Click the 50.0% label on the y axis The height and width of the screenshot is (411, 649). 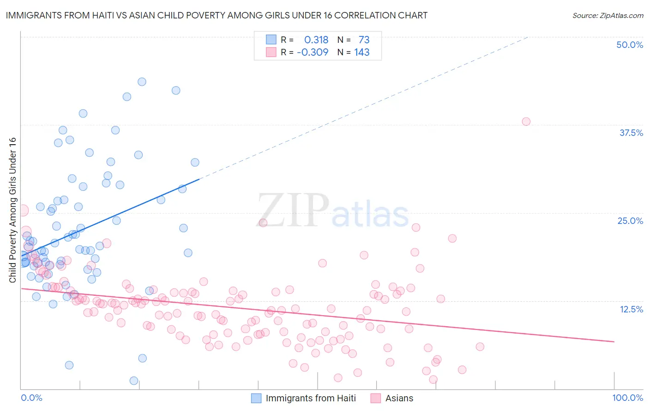click(x=630, y=45)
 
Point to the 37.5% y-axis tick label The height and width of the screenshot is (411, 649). click(x=631, y=133)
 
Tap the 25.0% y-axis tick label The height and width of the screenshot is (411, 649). click(x=630, y=221)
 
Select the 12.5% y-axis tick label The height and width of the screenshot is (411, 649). click(x=631, y=309)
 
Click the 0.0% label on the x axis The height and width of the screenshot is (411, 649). click(x=31, y=398)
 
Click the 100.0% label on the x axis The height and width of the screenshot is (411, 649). click(x=627, y=398)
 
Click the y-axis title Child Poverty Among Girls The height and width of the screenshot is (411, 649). click(x=12, y=210)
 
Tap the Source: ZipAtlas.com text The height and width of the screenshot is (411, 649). click(x=607, y=15)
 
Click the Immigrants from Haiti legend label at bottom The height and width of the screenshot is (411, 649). click(x=311, y=398)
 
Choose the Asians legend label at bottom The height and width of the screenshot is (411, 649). click(x=399, y=398)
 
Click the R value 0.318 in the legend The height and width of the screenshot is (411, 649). click(x=316, y=40)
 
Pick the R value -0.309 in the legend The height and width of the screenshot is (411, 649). click(x=312, y=52)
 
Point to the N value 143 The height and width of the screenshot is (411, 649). click(x=362, y=52)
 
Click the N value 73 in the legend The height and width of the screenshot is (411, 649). click(x=364, y=40)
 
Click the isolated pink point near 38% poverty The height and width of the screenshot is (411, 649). click(x=526, y=122)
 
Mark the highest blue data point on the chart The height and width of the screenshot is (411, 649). click(x=142, y=82)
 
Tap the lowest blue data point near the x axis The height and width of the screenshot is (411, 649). click(x=134, y=381)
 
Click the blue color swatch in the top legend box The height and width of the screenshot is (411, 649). click(x=271, y=40)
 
